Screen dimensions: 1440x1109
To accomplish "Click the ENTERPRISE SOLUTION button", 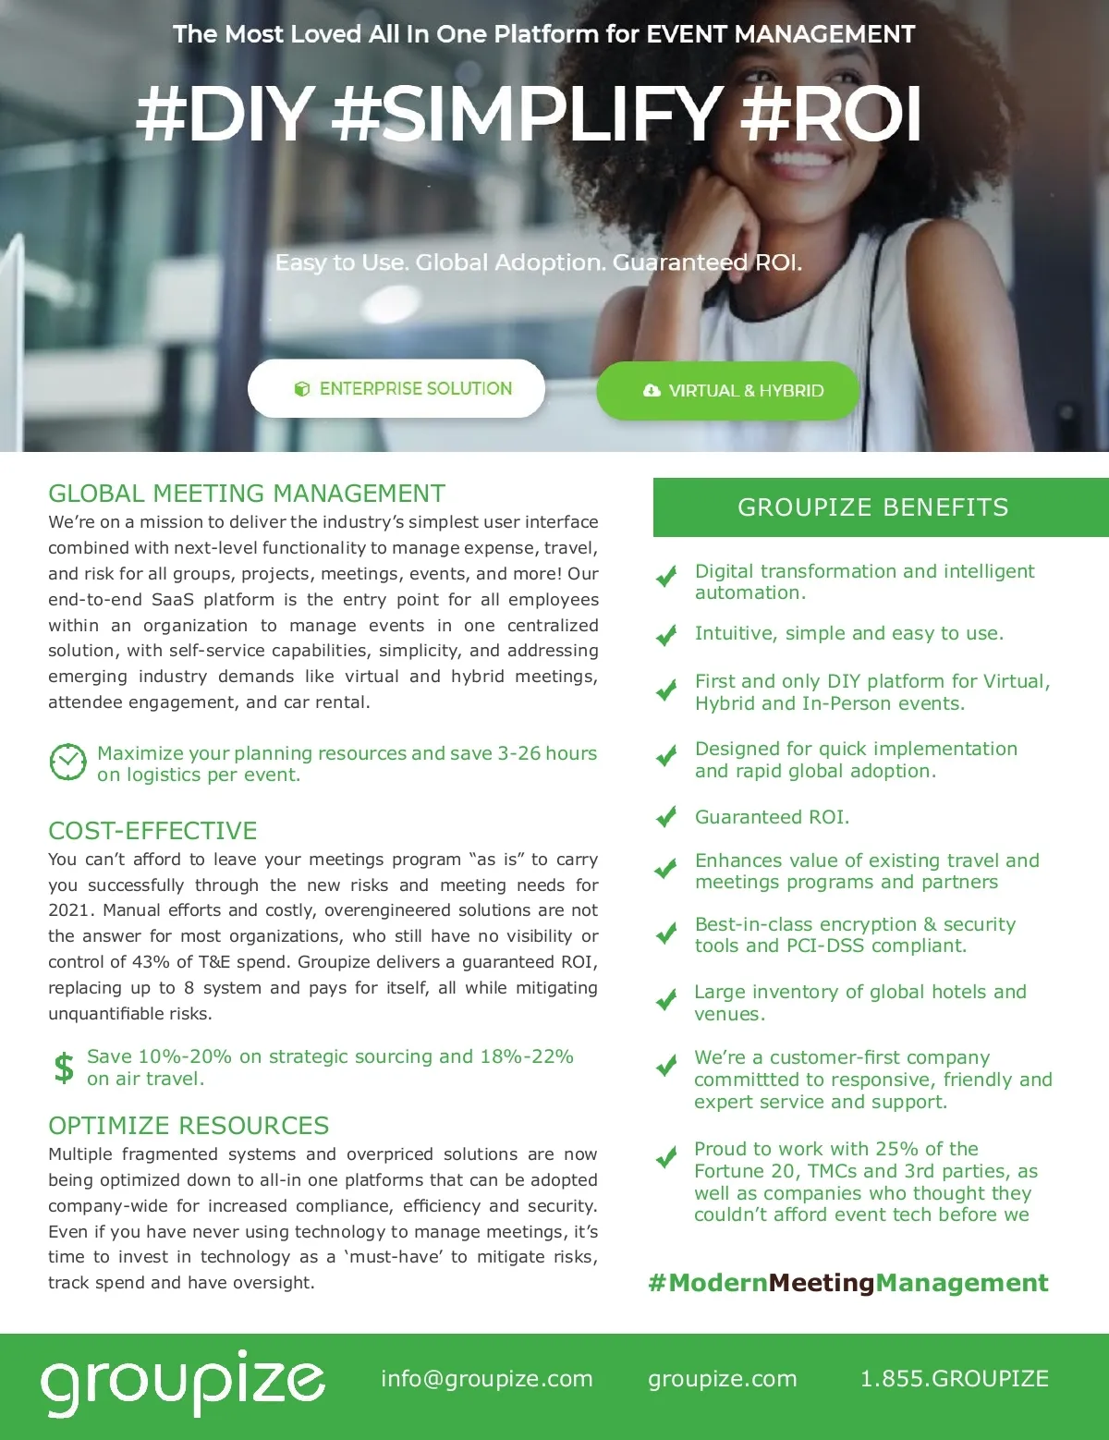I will click(x=396, y=389).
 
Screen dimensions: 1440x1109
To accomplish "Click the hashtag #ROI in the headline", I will click(x=831, y=115).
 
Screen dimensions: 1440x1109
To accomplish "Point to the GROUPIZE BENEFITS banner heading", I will click(x=872, y=507).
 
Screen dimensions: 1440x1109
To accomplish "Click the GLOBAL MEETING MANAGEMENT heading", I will click(x=247, y=494).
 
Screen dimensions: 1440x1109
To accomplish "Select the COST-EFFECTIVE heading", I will click(x=152, y=830).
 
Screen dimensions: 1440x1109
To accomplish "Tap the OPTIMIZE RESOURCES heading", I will click(x=189, y=1125).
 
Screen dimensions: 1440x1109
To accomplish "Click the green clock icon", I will click(x=67, y=763).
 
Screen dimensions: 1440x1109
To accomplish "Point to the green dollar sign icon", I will click(x=64, y=1068).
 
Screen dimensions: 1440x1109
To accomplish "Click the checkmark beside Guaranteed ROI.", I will click(x=665, y=817).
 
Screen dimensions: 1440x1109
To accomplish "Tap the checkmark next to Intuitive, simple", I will click(x=665, y=635).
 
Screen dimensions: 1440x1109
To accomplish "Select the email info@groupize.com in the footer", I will click(x=486, y=1379).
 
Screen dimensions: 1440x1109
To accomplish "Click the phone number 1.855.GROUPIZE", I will click(x=954, y=1379).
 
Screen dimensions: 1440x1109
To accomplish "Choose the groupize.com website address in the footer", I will click(x=722, y=1379).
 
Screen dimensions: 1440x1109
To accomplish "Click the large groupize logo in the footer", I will click(x=182, y=1382).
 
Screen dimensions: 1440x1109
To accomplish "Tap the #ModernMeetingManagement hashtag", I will click(x=848, y=1283).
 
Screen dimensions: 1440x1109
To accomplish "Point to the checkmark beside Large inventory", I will click(x=665, y=1000).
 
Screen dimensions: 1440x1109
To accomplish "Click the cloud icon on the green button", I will click(x=652, y=391).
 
